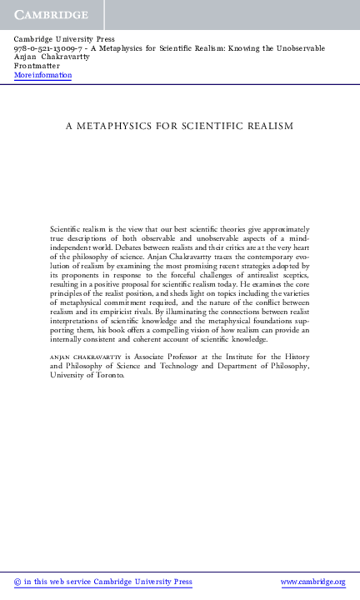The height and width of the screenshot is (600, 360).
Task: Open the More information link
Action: (x=43, y=75)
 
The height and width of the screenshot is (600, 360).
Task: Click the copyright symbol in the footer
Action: (x=18, y=582)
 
